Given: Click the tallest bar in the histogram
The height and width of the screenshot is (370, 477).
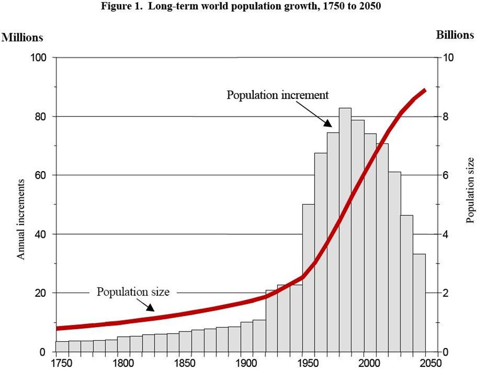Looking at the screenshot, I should click(x=345, y=230).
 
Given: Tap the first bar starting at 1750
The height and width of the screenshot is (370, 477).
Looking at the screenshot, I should click(x=61, y=346).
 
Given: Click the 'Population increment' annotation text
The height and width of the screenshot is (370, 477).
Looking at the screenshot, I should click(x=277, y=95).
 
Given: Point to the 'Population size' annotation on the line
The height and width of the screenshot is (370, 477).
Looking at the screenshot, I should click(x=133, y=292).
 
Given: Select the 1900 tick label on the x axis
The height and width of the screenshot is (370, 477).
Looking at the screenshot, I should click(x=241, y=363).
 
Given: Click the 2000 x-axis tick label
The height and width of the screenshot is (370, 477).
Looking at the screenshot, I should click(x=364, y=363).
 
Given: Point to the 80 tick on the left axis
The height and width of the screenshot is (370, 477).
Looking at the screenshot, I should click(x=41, y=117).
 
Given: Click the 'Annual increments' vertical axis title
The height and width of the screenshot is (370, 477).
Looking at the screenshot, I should click(x=21, y=219).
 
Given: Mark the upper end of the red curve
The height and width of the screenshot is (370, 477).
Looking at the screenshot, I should click(x=425, y=90).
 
